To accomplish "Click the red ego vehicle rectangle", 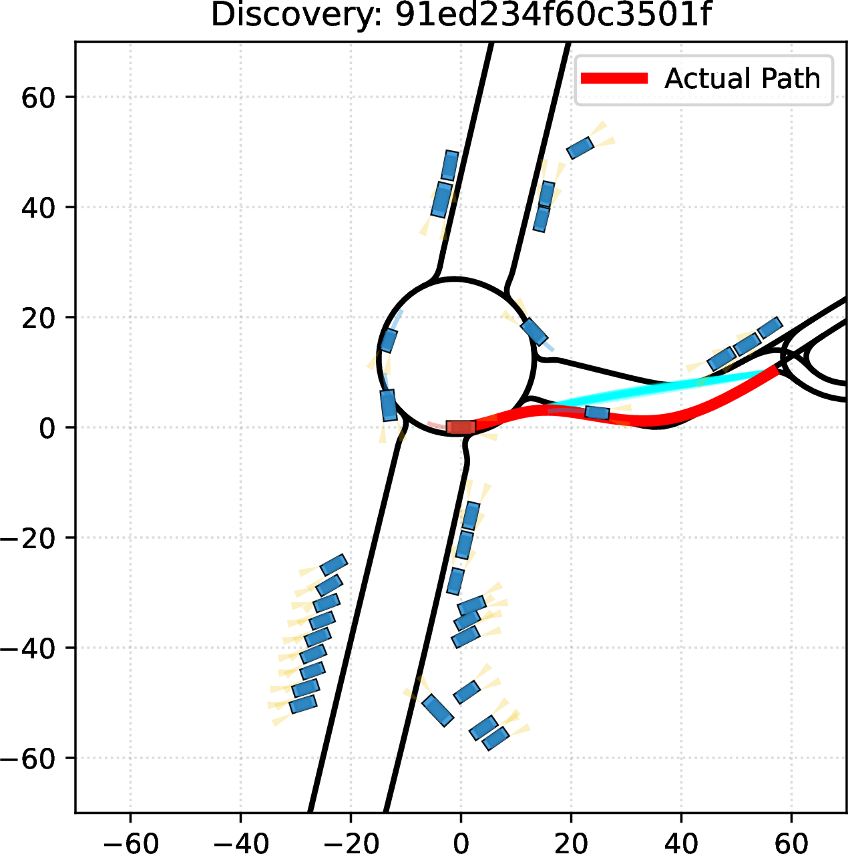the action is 461,427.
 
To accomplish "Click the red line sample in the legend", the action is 614,78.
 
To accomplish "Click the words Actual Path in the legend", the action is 742,79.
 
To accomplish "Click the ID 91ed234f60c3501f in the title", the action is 553,15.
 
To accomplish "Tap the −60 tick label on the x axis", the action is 131,841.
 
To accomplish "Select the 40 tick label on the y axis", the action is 38,207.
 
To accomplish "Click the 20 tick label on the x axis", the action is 572,841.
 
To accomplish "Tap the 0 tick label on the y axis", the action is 47,427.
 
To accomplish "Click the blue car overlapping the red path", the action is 597,413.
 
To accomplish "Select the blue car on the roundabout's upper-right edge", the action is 534,331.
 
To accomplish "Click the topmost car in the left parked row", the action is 333,565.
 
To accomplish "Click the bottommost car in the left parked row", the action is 303,704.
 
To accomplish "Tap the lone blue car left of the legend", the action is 580,148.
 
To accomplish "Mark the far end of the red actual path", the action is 777,369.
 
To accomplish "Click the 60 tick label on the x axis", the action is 792,841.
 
